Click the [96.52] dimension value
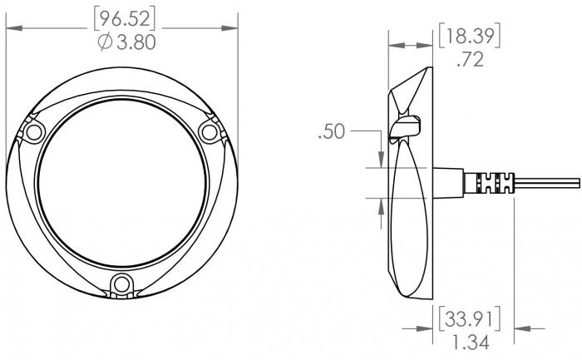125,19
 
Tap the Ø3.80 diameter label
127,42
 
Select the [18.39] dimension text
470,36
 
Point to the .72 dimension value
471,59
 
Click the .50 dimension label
332,131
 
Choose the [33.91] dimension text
470,318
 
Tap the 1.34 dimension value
471,342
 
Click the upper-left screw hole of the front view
34,132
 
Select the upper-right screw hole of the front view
210,132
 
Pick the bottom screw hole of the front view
121,284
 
